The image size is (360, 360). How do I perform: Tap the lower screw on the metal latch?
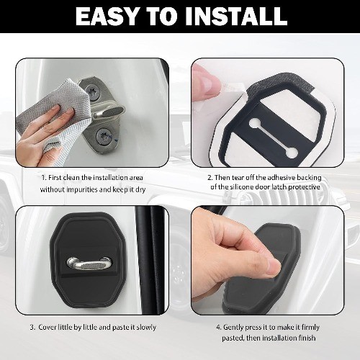[104, 137]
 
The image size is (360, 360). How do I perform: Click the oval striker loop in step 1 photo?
[109, 113]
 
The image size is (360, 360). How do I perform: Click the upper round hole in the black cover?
[254, 123]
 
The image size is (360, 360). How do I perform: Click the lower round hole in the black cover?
[291, 152]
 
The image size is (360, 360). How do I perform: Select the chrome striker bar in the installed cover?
[90, 264]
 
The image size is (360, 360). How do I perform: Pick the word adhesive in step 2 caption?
[282, 178]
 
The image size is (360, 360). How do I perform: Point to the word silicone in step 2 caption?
[241, 186]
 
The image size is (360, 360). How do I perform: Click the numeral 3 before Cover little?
[32, 328]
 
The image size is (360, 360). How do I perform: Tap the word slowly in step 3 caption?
[146, 328]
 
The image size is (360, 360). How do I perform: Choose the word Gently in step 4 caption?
[233, 328]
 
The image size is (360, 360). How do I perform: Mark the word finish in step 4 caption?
[307, 338]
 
